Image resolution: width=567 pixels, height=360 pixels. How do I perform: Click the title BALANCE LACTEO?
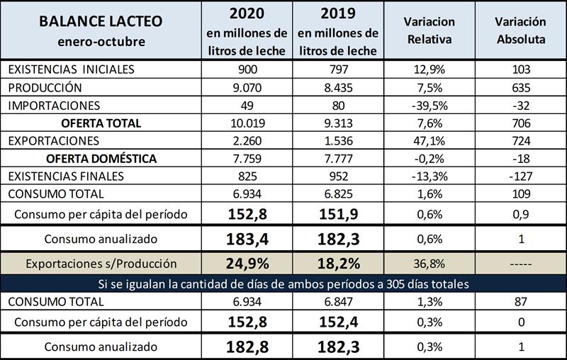pyautogui.click(x=101, y=21)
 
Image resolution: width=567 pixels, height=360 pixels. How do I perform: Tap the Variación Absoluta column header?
pyautogui.click(x=520, y=30)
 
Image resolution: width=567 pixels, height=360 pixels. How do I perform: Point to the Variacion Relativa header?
pyautogui.click(x=430, y=30)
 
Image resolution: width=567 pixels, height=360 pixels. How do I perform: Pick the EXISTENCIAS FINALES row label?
pyautogui.click(x=65, y=175)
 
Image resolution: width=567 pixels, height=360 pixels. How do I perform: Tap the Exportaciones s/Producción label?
pyautogui.click(x=101, y=264)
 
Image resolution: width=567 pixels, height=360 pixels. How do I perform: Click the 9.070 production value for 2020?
pyautogui.click(x=246, y=88)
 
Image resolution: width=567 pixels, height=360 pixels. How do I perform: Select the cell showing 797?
pyautogui.click(x=337, y=70)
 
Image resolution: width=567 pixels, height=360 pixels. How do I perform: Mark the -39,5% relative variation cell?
pyautogui.click(x=430, y=105)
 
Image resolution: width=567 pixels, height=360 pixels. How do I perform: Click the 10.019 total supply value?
pyautogui.click(x=246, y=123)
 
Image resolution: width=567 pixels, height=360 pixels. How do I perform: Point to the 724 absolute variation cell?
pyautogui.click(x=520, y=140)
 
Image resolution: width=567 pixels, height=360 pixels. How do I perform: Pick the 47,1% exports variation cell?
pyautogui.click(x=430, y=140)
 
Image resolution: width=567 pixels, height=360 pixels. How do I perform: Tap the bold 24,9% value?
pyautogui.click(x=246, y=264)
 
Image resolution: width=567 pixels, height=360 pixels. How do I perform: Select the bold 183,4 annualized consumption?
pyautogui.click(x=246, y=238)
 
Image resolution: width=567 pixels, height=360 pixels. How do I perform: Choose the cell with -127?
pyautogui.click(x=520, y=175)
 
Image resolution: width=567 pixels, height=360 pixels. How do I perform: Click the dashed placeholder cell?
pyautogui.click(x=520, y=264)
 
